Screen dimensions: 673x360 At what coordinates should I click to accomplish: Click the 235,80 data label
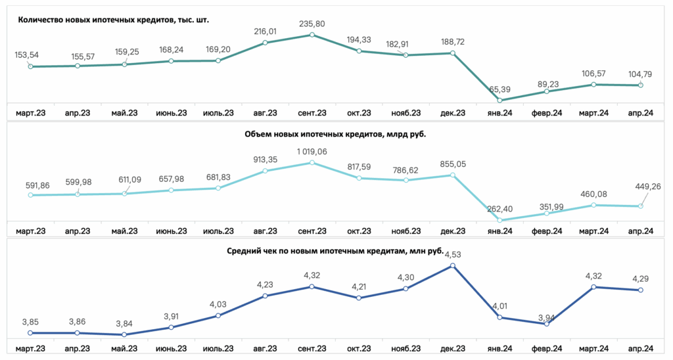pos(312,24)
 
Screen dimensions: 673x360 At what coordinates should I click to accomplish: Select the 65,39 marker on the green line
pos(499,101)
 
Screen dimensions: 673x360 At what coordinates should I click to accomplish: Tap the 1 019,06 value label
pos(312,152)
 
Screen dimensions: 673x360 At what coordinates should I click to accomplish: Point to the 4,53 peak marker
pos(452,265)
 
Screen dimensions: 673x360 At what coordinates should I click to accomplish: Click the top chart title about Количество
pos(113,20)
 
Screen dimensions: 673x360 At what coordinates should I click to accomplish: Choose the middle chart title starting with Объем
pos(335,134)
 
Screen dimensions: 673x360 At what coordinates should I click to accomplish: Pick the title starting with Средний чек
pos(335,250)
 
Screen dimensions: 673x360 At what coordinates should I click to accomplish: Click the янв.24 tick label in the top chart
pos(499,113)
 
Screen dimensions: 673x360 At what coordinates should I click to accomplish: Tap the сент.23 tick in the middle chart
pos(312,231)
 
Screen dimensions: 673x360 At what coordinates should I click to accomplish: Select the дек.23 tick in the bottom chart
pos(453,349)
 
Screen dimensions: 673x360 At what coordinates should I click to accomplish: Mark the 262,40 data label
pos(499,210)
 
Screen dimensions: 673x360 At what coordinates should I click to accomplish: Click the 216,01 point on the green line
pos(266,43)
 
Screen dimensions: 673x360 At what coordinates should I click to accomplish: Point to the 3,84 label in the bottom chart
pos(124,324)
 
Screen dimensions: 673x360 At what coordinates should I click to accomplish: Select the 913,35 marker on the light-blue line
pos(266,171)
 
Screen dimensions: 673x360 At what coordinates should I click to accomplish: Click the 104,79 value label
pos(640,74)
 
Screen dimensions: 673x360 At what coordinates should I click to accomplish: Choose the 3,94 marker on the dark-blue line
pos(546,324)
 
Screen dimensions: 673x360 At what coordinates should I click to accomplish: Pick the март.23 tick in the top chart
pos(30,113)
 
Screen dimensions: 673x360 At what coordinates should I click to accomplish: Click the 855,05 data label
pos(453,164)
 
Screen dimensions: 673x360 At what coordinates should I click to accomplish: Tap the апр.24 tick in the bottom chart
pos(640,349)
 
